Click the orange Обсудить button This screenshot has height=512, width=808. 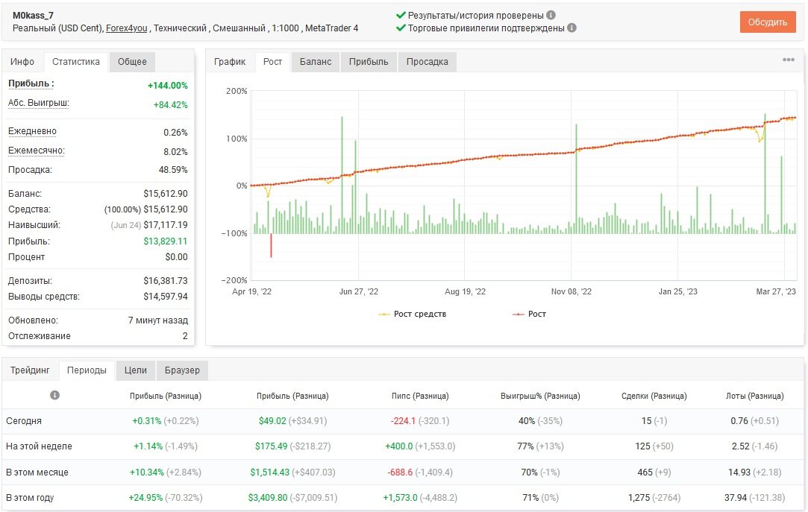(767, 22)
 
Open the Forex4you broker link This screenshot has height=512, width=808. (126, 28)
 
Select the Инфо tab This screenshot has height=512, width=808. (22, 62)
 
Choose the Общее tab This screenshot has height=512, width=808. (133, 62)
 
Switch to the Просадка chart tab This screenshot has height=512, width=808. (428, 62)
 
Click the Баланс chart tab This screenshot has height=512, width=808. (316, 62)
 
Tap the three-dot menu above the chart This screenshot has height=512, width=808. (788, 60)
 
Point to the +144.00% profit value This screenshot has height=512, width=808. (167, 86)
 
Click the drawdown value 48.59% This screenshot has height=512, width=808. (173, 170)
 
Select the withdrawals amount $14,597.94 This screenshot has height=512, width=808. (166, 297)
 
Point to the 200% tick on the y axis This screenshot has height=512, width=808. (237, 91)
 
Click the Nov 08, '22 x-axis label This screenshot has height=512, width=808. (571, 291)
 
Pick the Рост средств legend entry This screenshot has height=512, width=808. (413, 314)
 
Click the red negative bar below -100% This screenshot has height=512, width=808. (271, 246)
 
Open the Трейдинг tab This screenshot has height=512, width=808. (30, 370)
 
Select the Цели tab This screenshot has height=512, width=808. (136, 370)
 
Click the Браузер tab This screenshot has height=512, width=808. (182, 370)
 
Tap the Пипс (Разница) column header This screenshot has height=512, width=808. (420, 396)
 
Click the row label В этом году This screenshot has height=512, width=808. (30, 498)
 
